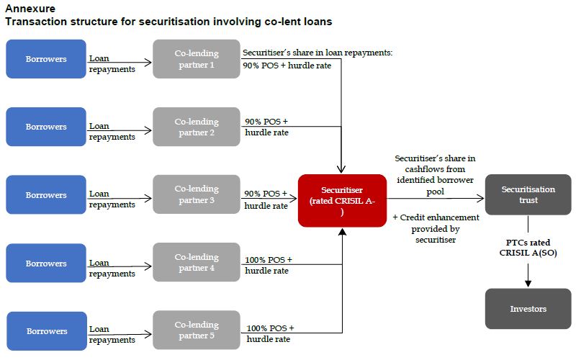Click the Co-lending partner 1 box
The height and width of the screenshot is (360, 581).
click(x=196, y=59)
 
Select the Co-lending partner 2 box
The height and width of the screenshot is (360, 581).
click(x=196, y=127)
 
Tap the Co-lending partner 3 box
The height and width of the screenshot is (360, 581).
click(x=196, y=194)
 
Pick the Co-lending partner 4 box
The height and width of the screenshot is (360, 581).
click(x=196, y=263)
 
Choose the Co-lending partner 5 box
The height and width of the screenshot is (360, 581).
click(x=196, y=330)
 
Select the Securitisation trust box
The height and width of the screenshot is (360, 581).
click(x=528, y=194)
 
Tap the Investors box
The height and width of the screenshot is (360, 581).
click(x=528, y=309)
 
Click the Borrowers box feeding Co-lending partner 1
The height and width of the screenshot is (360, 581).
click(x=46, y=59)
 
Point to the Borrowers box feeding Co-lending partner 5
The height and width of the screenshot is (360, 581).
click(x=46, y=331)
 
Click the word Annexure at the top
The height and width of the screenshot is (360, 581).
click(x=30, y=9)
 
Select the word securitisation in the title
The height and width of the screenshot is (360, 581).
click(x=172, y=22)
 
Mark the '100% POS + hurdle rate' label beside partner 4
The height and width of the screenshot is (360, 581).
click(x=269, y=265)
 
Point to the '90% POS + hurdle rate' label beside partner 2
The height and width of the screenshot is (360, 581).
click(x=266, y=127)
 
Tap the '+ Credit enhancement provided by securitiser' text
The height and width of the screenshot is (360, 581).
click(x=435, y=228)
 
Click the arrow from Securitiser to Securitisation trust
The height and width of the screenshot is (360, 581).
click(x=435, y=198)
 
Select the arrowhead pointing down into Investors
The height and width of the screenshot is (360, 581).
click(x=528, y=283)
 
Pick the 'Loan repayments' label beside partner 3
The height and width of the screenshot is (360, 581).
click(x=112, y=199)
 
